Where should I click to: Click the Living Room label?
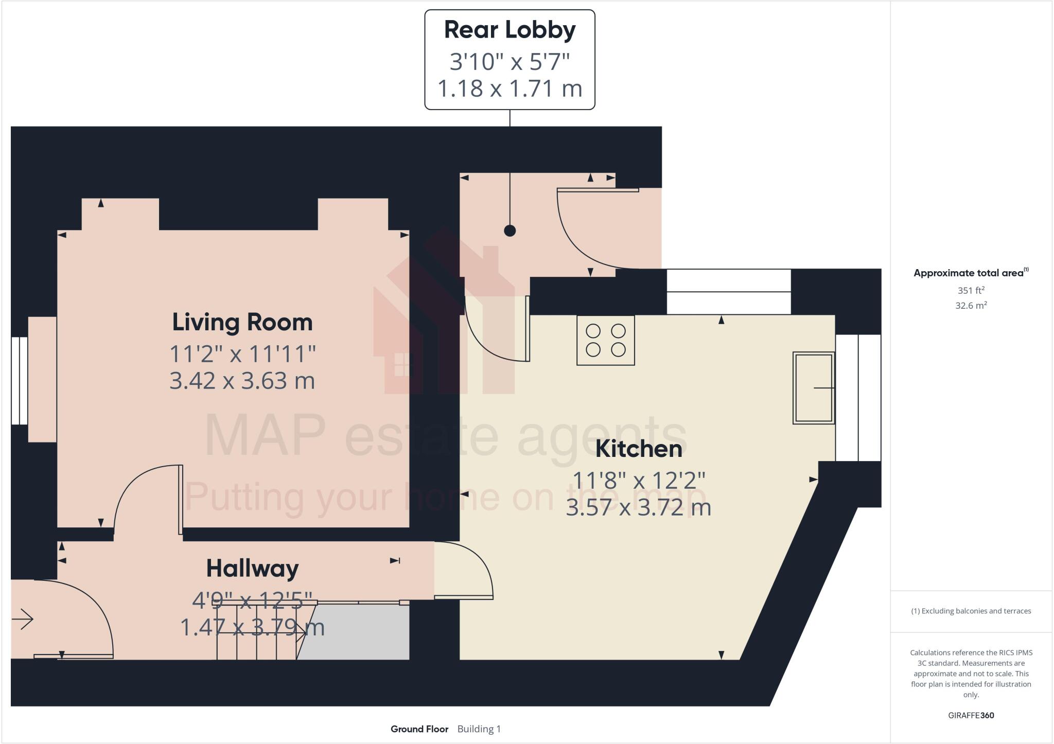tap(242, 323)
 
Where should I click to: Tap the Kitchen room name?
tap(639, 449)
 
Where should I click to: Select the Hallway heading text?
tap(252, 569)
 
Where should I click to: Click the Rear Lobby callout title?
tap(510, 30)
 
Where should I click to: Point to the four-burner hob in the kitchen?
tap(605, 340)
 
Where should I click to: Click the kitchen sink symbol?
tap(813, 388)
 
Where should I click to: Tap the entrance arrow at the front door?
tap(22, 619)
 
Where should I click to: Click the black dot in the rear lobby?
tap(510, 231)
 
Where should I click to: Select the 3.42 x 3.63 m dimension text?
tap(242, 381)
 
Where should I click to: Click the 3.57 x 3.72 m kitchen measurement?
tap(639, 508)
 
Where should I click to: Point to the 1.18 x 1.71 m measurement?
tap(510, 88)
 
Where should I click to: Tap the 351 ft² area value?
tap(971, 290)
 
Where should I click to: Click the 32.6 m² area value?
tap(971, 306)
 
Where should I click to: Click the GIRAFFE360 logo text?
tap(971, 715)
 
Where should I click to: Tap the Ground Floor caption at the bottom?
tap(419, 729)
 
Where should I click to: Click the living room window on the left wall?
tap(20, 381)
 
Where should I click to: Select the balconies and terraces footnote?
tap(971, 611)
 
